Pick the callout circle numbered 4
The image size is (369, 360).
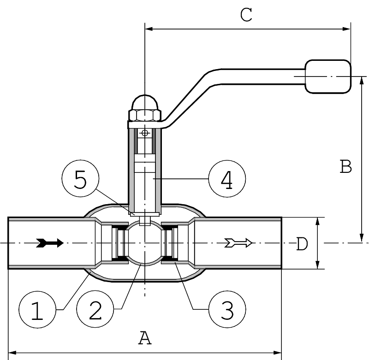coord(226,179)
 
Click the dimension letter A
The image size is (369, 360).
coord(145,339)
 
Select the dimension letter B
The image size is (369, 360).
coord(346,166)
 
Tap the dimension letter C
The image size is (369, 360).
coord(247,15)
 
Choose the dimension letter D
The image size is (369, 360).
coord(302,243)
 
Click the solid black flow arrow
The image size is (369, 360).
coord(50,243)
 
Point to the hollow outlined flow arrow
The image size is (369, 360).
coord(238,243)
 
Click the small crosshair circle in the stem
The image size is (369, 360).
coord(145,133)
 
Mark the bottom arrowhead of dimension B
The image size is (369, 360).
coord(360,238)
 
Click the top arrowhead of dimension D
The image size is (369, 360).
coord(317,221)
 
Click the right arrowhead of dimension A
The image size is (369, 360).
coord(278,353)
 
